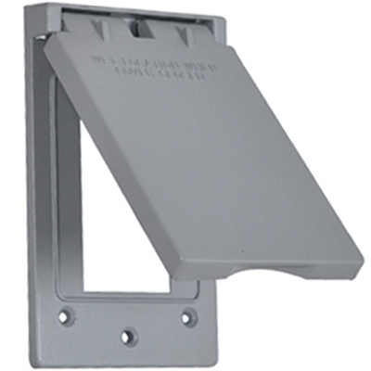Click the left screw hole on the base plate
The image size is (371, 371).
[63, 316]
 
